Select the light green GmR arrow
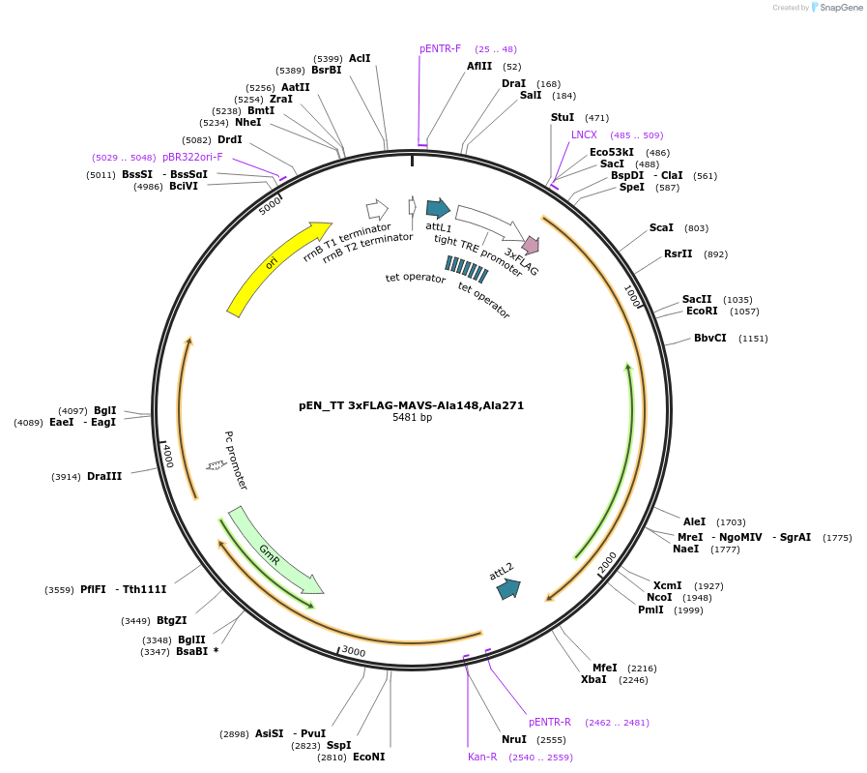pos(275,552)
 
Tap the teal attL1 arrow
pos(438,208)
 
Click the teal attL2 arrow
pos(508,587)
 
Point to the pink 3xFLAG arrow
pos(531,246)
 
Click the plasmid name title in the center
pos(411,405)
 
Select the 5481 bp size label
pos(412,418)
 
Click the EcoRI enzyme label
pos(702,312)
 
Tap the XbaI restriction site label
pos(593,679)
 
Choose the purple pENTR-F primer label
pos(440,48)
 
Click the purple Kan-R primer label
pos(482,757)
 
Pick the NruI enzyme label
pos(514,739)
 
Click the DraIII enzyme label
pos(104,476)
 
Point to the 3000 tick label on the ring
pos(354,652)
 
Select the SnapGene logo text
pos(836,8)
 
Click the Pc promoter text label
pos(236,461)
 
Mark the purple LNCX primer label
pos(584,135)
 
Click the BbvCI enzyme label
pos(709,339)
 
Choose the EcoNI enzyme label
pos(368,757)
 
